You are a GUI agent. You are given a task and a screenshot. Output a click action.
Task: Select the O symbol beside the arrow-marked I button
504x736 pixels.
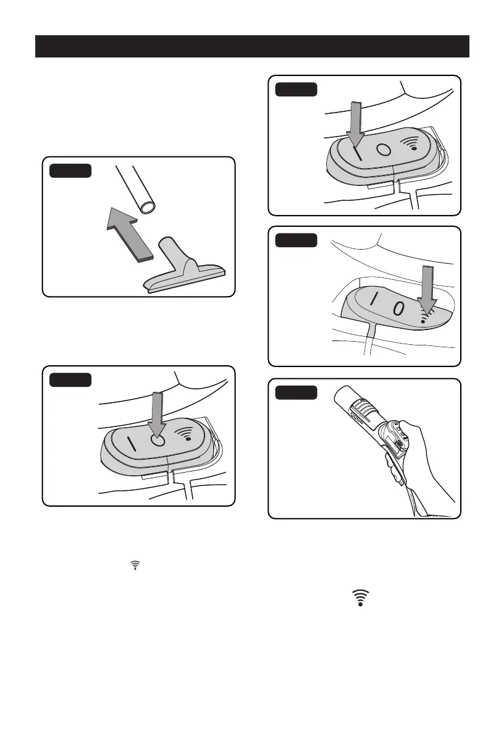(383, 151)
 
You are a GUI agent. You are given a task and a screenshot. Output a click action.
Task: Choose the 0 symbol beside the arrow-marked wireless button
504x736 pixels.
(399, 307)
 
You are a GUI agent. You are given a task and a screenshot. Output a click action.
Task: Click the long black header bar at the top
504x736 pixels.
(252, 46)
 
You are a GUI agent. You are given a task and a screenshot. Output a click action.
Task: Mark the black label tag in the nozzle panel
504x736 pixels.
(72, 171)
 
